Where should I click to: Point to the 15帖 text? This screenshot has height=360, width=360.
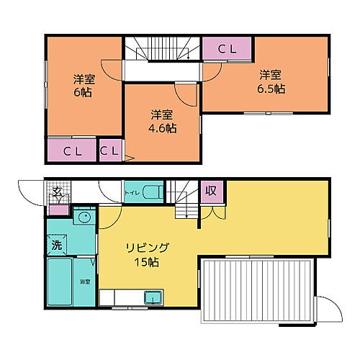[147, 262]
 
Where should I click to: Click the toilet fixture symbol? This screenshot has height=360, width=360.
[152, 192]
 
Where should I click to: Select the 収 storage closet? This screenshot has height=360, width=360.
[210, 191]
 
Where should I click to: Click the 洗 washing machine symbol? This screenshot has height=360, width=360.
[56, 245]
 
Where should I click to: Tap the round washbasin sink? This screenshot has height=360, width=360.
[84, 217]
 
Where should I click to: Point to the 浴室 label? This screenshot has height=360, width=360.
[85, 282]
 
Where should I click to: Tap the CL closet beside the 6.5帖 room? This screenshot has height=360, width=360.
[227, 49]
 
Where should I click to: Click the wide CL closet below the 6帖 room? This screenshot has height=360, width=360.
[71, 151]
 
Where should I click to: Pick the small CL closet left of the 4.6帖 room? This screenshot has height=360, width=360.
[109, 151]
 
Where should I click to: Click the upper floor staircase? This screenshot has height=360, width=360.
[161, 48]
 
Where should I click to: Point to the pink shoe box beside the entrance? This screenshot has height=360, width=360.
[59, 209]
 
